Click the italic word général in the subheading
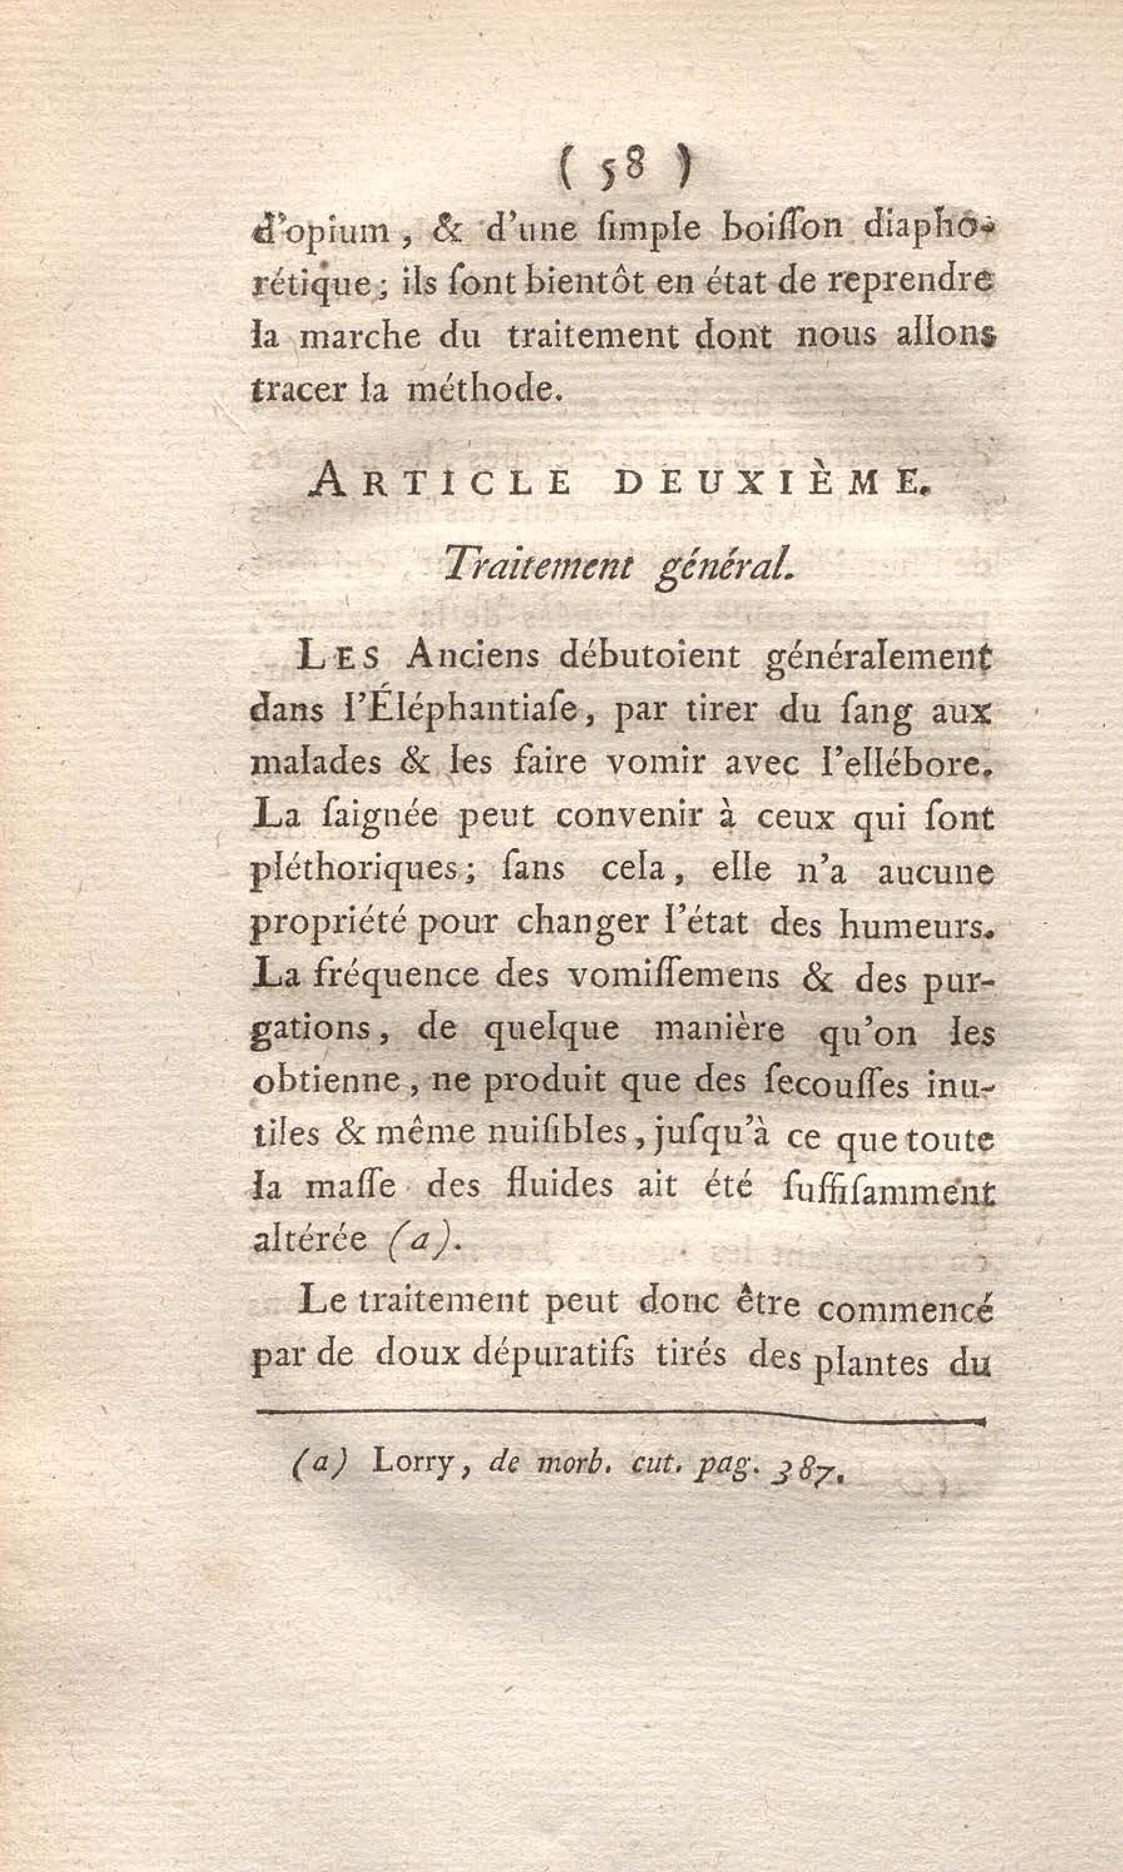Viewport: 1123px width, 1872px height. click(722, 566)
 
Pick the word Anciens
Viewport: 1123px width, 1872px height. click(471, 656)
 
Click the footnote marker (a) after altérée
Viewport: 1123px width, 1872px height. click(416, 1239)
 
